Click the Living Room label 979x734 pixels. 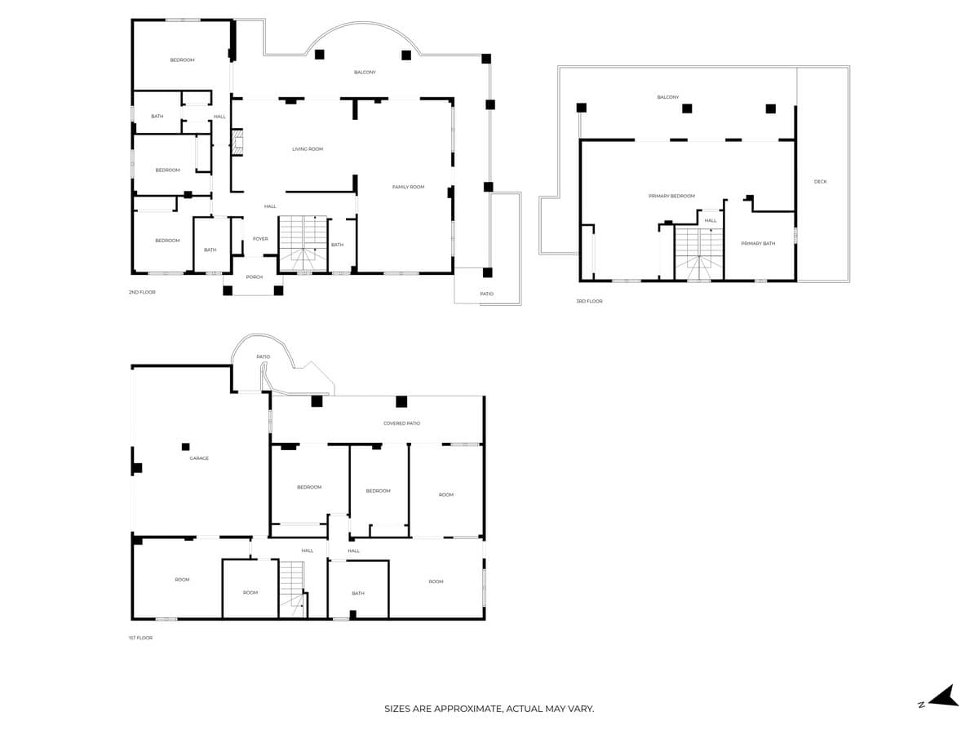point(308,149)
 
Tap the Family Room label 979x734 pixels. point(408,187)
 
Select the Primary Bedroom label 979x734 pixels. point(671,196)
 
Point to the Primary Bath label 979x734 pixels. point(758,243)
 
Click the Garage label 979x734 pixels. point(199,458)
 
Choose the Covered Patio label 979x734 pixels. point(401,423)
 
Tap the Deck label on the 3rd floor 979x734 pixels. point(820,181)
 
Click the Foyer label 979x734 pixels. point(260,239)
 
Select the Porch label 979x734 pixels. point(255,276)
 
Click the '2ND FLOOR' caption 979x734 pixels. point(142,292)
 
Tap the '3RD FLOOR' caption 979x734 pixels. point(589,301)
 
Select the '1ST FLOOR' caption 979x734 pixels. point(140,638)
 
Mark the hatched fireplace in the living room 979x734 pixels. point(237,143)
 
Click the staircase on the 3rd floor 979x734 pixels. point(699,254)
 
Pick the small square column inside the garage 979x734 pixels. point(185,447)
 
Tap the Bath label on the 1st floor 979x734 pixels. point(358,593)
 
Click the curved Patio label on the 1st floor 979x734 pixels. point(264,356)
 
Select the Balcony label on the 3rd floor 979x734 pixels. point(667,97)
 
